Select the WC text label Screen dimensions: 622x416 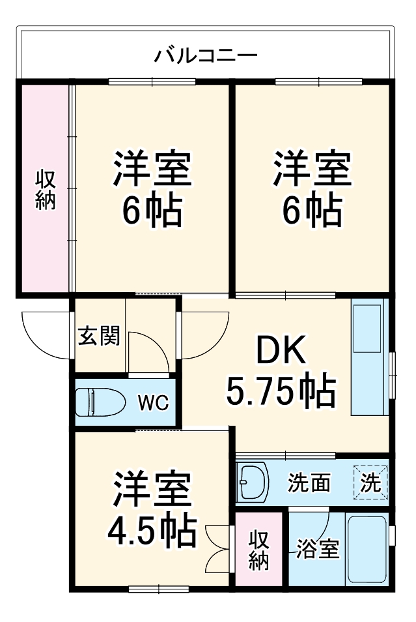153,402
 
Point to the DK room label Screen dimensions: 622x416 280,353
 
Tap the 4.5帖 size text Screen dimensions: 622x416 152,531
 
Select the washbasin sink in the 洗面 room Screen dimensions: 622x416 253,482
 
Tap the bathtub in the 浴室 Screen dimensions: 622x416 368,549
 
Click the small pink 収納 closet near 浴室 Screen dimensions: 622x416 259,551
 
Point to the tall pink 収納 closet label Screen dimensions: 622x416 44,189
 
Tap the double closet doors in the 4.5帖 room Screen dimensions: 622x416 217,547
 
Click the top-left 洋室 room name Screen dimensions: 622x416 152,168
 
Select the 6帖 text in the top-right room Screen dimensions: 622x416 311,210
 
